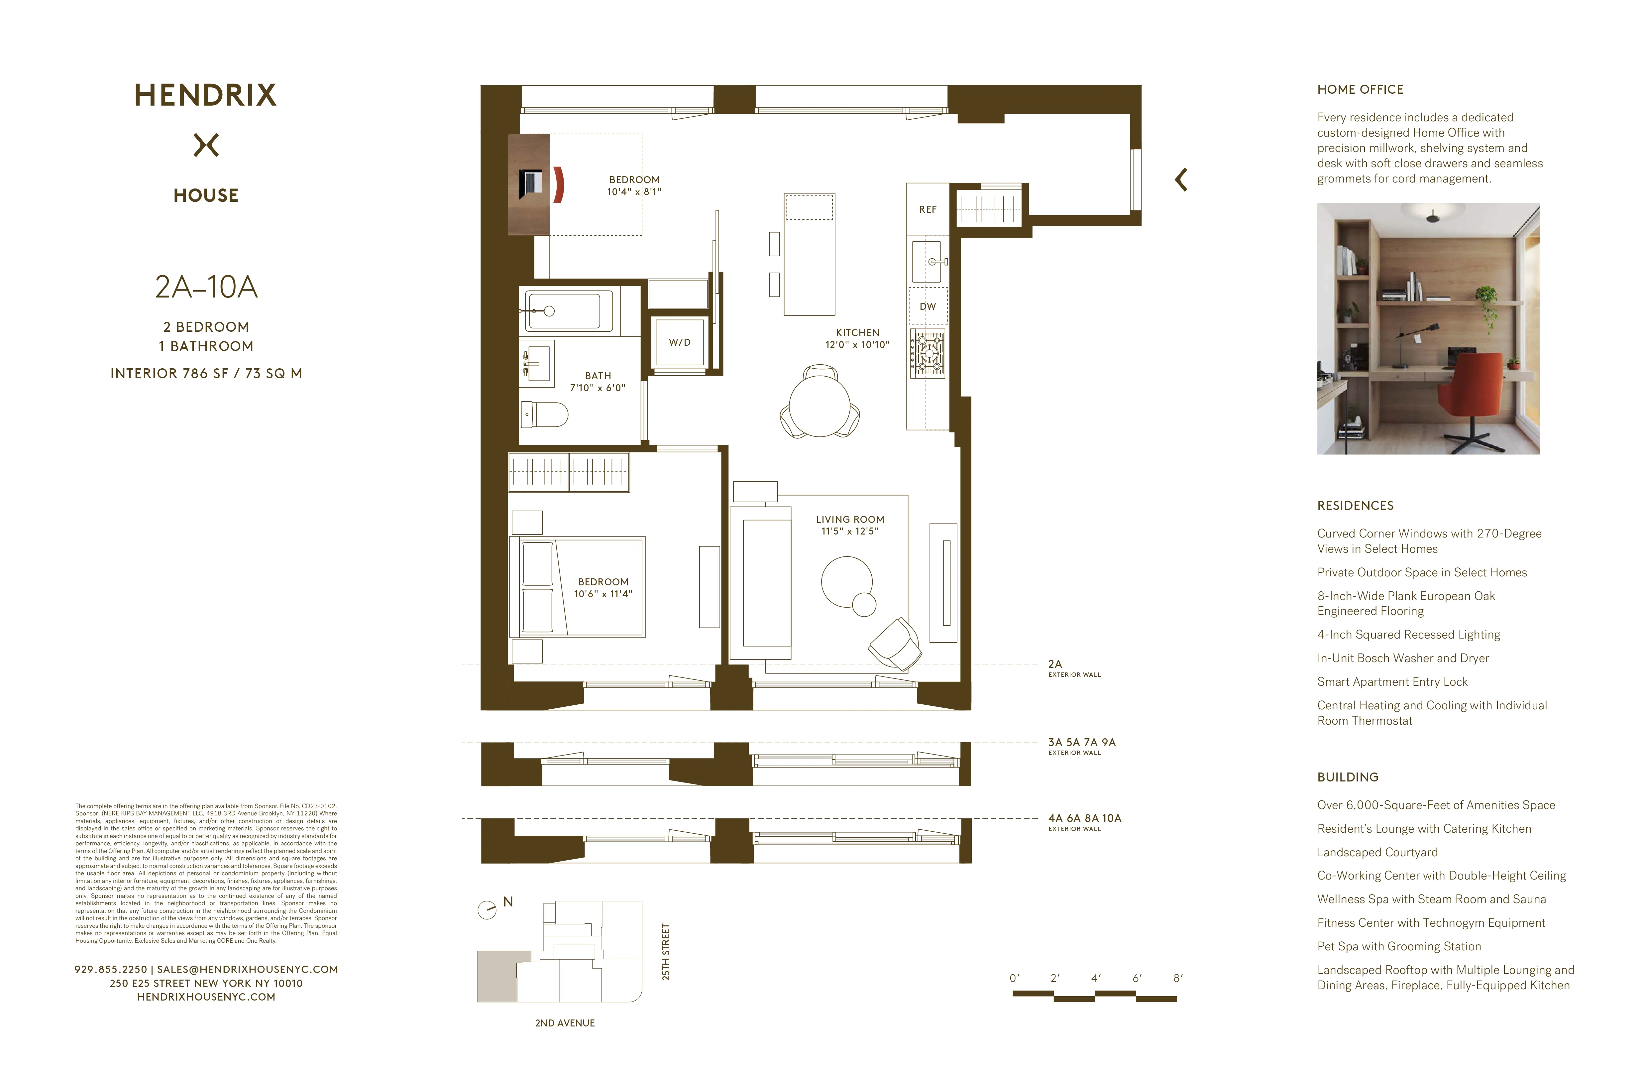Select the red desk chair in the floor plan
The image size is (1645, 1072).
click(559, 184)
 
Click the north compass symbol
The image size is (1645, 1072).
click(487, 909)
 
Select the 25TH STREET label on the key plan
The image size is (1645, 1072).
click(666, 952)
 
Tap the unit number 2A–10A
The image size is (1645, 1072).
click(206, 287)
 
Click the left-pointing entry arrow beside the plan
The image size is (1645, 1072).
click(1181, 180)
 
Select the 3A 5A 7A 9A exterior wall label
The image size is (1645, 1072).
click(1082, 742)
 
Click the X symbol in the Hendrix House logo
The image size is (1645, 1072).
click(206, 145)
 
